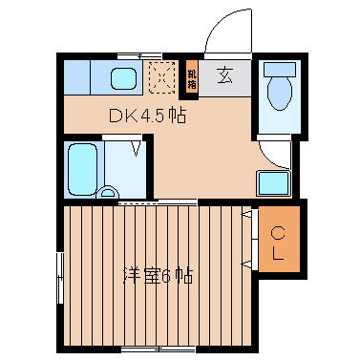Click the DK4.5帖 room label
tap(145, 116)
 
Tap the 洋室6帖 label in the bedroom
tap(158, 276)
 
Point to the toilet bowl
tap(280, 95)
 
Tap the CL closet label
tap(278, 243)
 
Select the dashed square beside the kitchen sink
tap(162, 76)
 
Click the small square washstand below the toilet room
tap(273, 182)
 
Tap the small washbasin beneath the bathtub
tap(107, 194)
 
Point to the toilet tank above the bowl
tap(280, 70)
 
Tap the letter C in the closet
tap(278, 232)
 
